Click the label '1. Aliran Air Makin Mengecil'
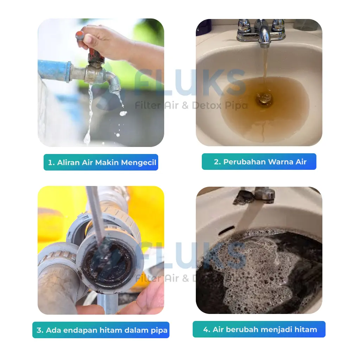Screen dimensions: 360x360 (x=101, y=162)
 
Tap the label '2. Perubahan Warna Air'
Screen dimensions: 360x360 (x=259, y=162)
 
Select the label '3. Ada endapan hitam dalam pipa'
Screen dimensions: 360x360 (x=101, y=330)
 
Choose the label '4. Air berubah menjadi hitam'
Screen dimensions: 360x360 (x=259, y=329)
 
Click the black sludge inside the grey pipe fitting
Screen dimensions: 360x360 (x=108, y=264)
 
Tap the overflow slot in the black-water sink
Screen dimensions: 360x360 (x=227, y=230)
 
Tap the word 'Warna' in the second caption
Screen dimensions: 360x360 (x=281, y=162)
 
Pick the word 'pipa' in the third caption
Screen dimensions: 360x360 (x=159, y=330)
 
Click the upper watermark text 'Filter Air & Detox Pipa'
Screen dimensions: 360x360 (x=191, y=105)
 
